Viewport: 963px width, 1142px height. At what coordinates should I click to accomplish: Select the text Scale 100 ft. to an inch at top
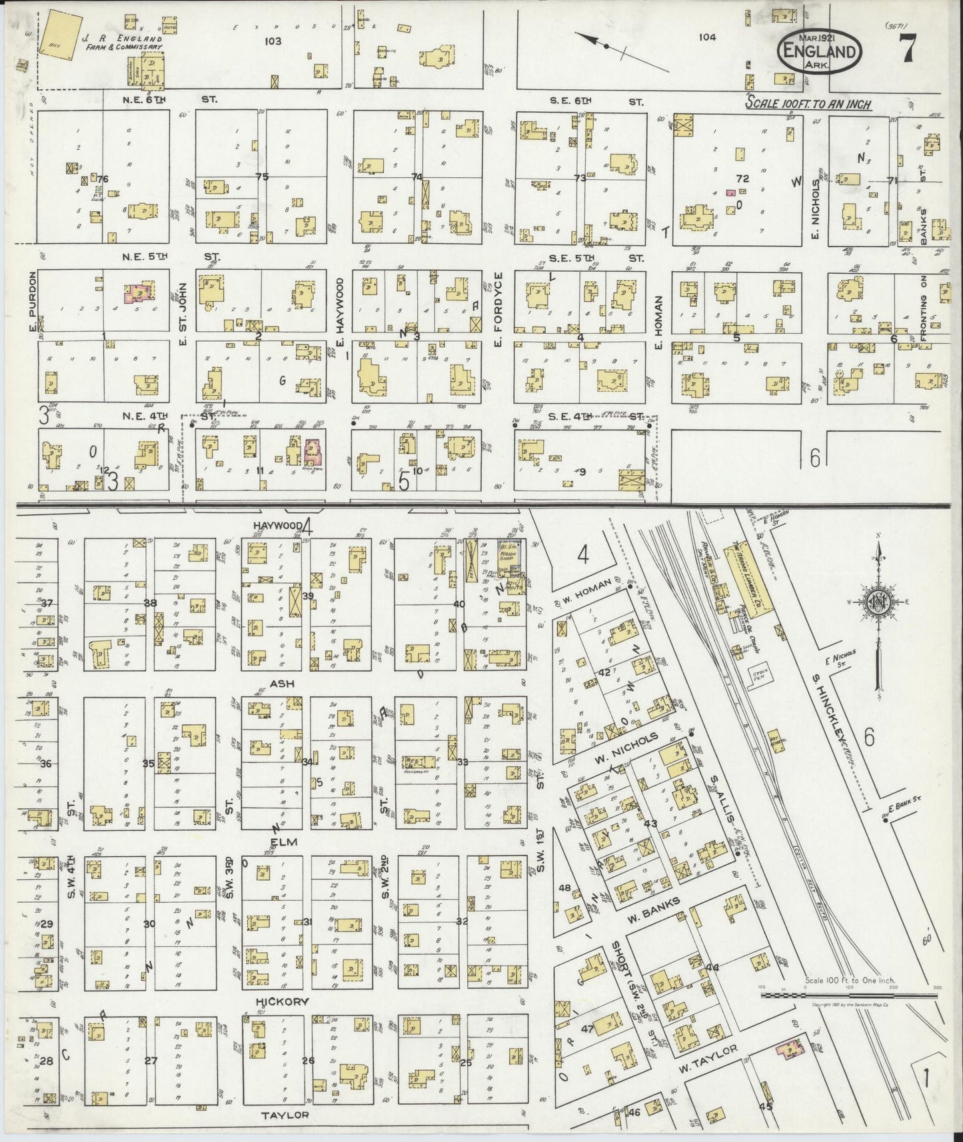pyautogui.click(x=809, y=104)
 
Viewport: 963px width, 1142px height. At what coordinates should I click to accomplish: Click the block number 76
pyautogui.click(x=102, y=179)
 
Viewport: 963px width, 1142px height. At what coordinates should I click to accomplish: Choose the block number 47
pyautogui.click(x=587, y=1029)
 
